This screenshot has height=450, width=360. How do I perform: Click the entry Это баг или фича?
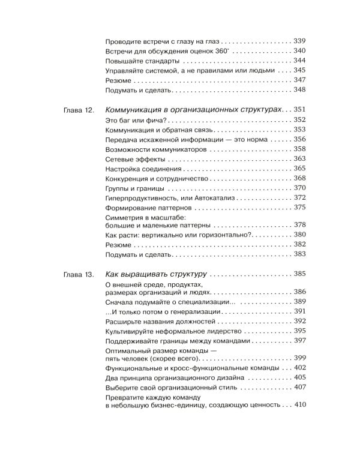(131, 121)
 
